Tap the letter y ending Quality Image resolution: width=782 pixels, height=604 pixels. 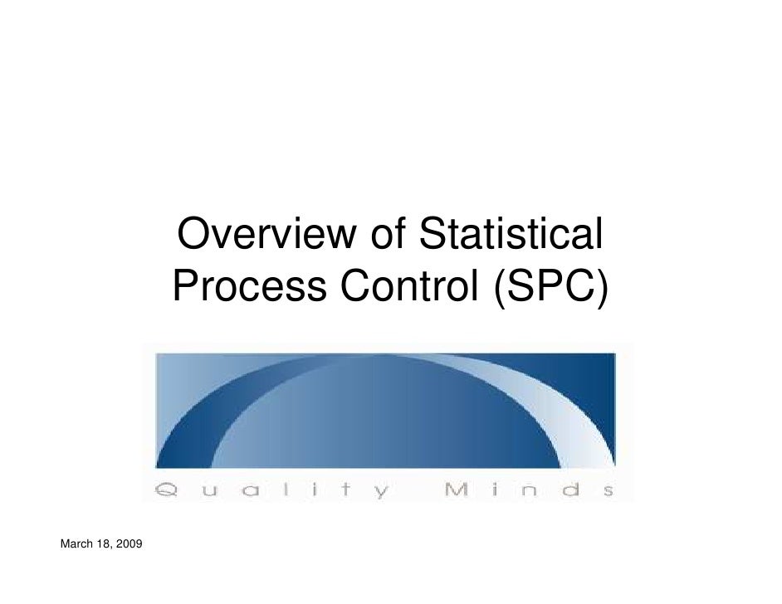[380, 492]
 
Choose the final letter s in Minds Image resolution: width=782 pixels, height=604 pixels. [607, 490]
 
